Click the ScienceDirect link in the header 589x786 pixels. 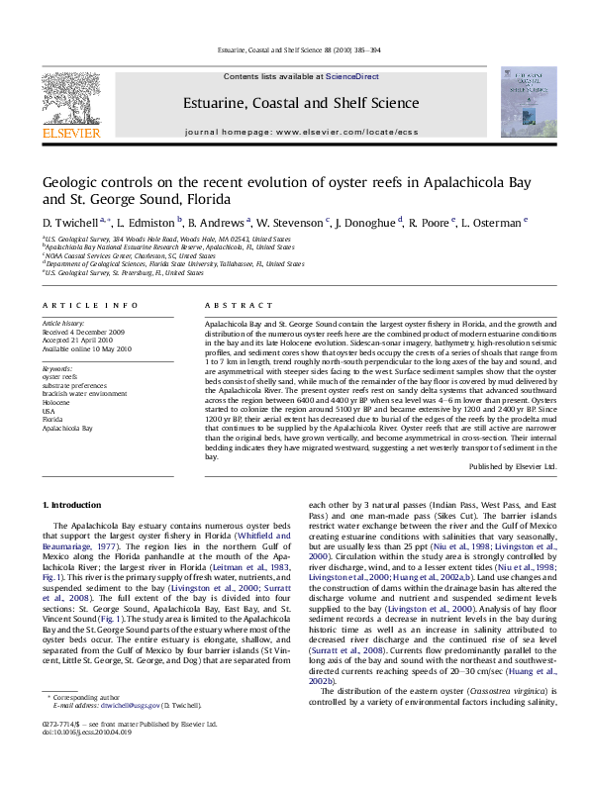coord(352,76)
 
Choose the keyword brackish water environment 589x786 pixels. coord(84,393)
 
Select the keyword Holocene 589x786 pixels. coord(57,402)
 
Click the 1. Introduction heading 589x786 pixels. coord(71,505)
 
